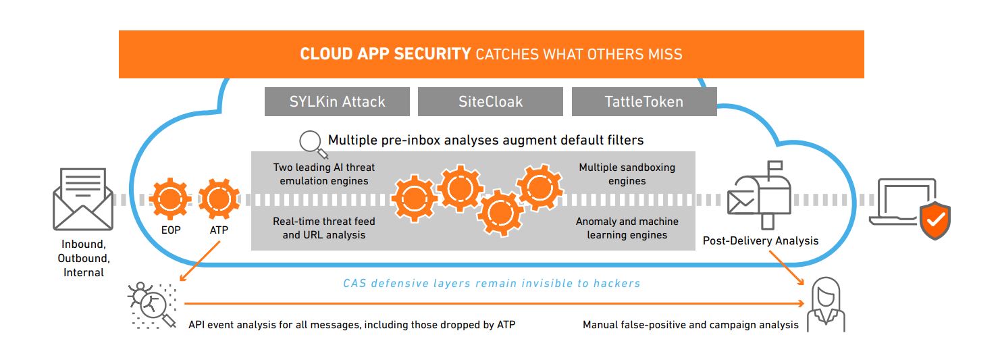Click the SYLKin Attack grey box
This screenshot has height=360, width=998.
[x=337, y=102]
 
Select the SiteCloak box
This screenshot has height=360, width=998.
[x=490, y=102]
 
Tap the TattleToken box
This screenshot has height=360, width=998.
[x=644, y=102]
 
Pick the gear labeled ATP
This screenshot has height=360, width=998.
[x=219, y=199]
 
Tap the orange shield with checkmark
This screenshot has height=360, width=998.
[x=935, y=219]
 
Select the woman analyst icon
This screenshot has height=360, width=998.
[x=826, y=304]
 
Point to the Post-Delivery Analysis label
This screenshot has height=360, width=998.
[x=760, y=240]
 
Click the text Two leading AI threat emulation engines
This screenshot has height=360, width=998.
[x=323, y=174]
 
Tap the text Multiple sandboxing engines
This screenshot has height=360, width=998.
[x=627, y=174]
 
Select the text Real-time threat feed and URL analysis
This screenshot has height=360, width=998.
[x=323, y=228]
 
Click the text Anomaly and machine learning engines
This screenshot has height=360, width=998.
[x=627, y=228]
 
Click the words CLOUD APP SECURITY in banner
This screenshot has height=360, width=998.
[x=385, y=54]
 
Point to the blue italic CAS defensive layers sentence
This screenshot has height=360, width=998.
[x=492, y=284]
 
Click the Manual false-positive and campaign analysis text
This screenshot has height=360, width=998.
[x=690, y=325]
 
